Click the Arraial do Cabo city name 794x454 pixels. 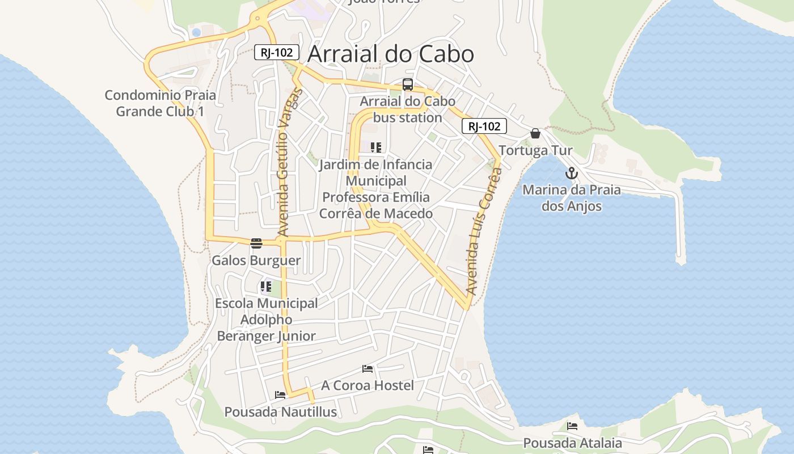390,54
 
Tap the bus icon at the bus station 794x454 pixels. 407,85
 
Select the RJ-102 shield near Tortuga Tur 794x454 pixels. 484,126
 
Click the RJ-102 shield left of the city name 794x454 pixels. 276,53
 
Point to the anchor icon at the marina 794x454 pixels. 572,173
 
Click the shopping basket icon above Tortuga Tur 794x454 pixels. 535,133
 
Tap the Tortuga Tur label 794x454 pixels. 535,150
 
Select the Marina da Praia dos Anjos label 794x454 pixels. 571,197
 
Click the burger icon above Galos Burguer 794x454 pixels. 256,243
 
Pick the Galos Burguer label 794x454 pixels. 256,260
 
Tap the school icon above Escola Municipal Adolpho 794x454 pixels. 265,287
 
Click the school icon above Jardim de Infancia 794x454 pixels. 375,148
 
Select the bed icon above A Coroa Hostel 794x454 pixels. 368,369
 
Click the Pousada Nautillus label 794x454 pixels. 280,411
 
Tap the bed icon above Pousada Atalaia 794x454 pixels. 572,426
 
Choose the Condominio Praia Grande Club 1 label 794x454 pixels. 160,103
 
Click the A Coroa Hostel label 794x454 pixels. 368,385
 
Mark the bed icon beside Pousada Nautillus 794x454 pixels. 280,394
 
